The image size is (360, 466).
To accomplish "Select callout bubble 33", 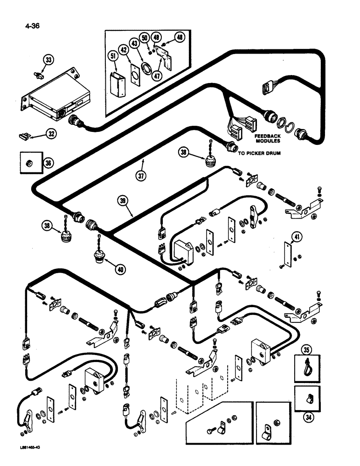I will click(49, 60).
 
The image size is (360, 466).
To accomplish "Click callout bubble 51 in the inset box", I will click(112, 57).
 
